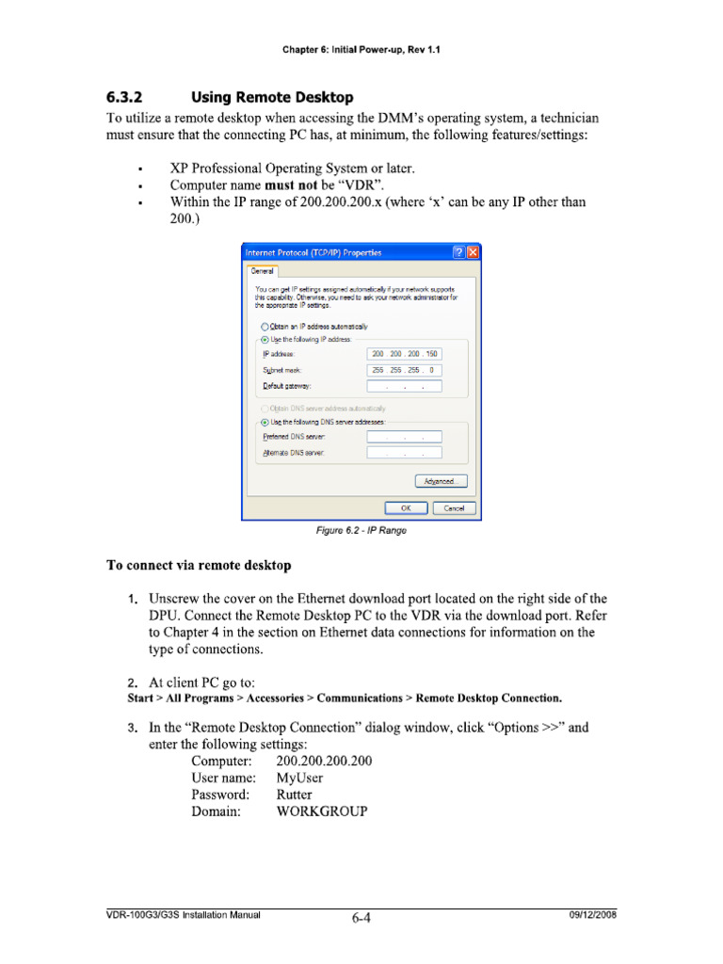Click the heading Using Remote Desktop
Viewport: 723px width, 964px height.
[272, 97]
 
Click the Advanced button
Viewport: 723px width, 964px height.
[441, 481]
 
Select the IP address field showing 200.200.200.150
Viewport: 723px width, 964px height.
[404, 353]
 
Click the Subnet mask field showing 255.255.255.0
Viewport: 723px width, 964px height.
[404, 370]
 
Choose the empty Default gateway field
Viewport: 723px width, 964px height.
[404, 386]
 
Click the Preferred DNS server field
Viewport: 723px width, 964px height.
[404, 437]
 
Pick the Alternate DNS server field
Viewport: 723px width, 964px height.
[404, 453]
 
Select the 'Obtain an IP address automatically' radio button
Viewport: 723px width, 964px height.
[265, 327]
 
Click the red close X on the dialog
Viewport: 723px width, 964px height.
[473, 252]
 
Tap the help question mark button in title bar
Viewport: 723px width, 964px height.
[458, 252]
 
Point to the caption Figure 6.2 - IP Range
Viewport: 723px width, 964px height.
[361, 531]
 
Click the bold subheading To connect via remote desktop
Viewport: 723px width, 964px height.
[198, 566]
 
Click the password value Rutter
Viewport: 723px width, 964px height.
[294, 794]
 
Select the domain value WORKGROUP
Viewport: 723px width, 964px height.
[322, 811]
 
